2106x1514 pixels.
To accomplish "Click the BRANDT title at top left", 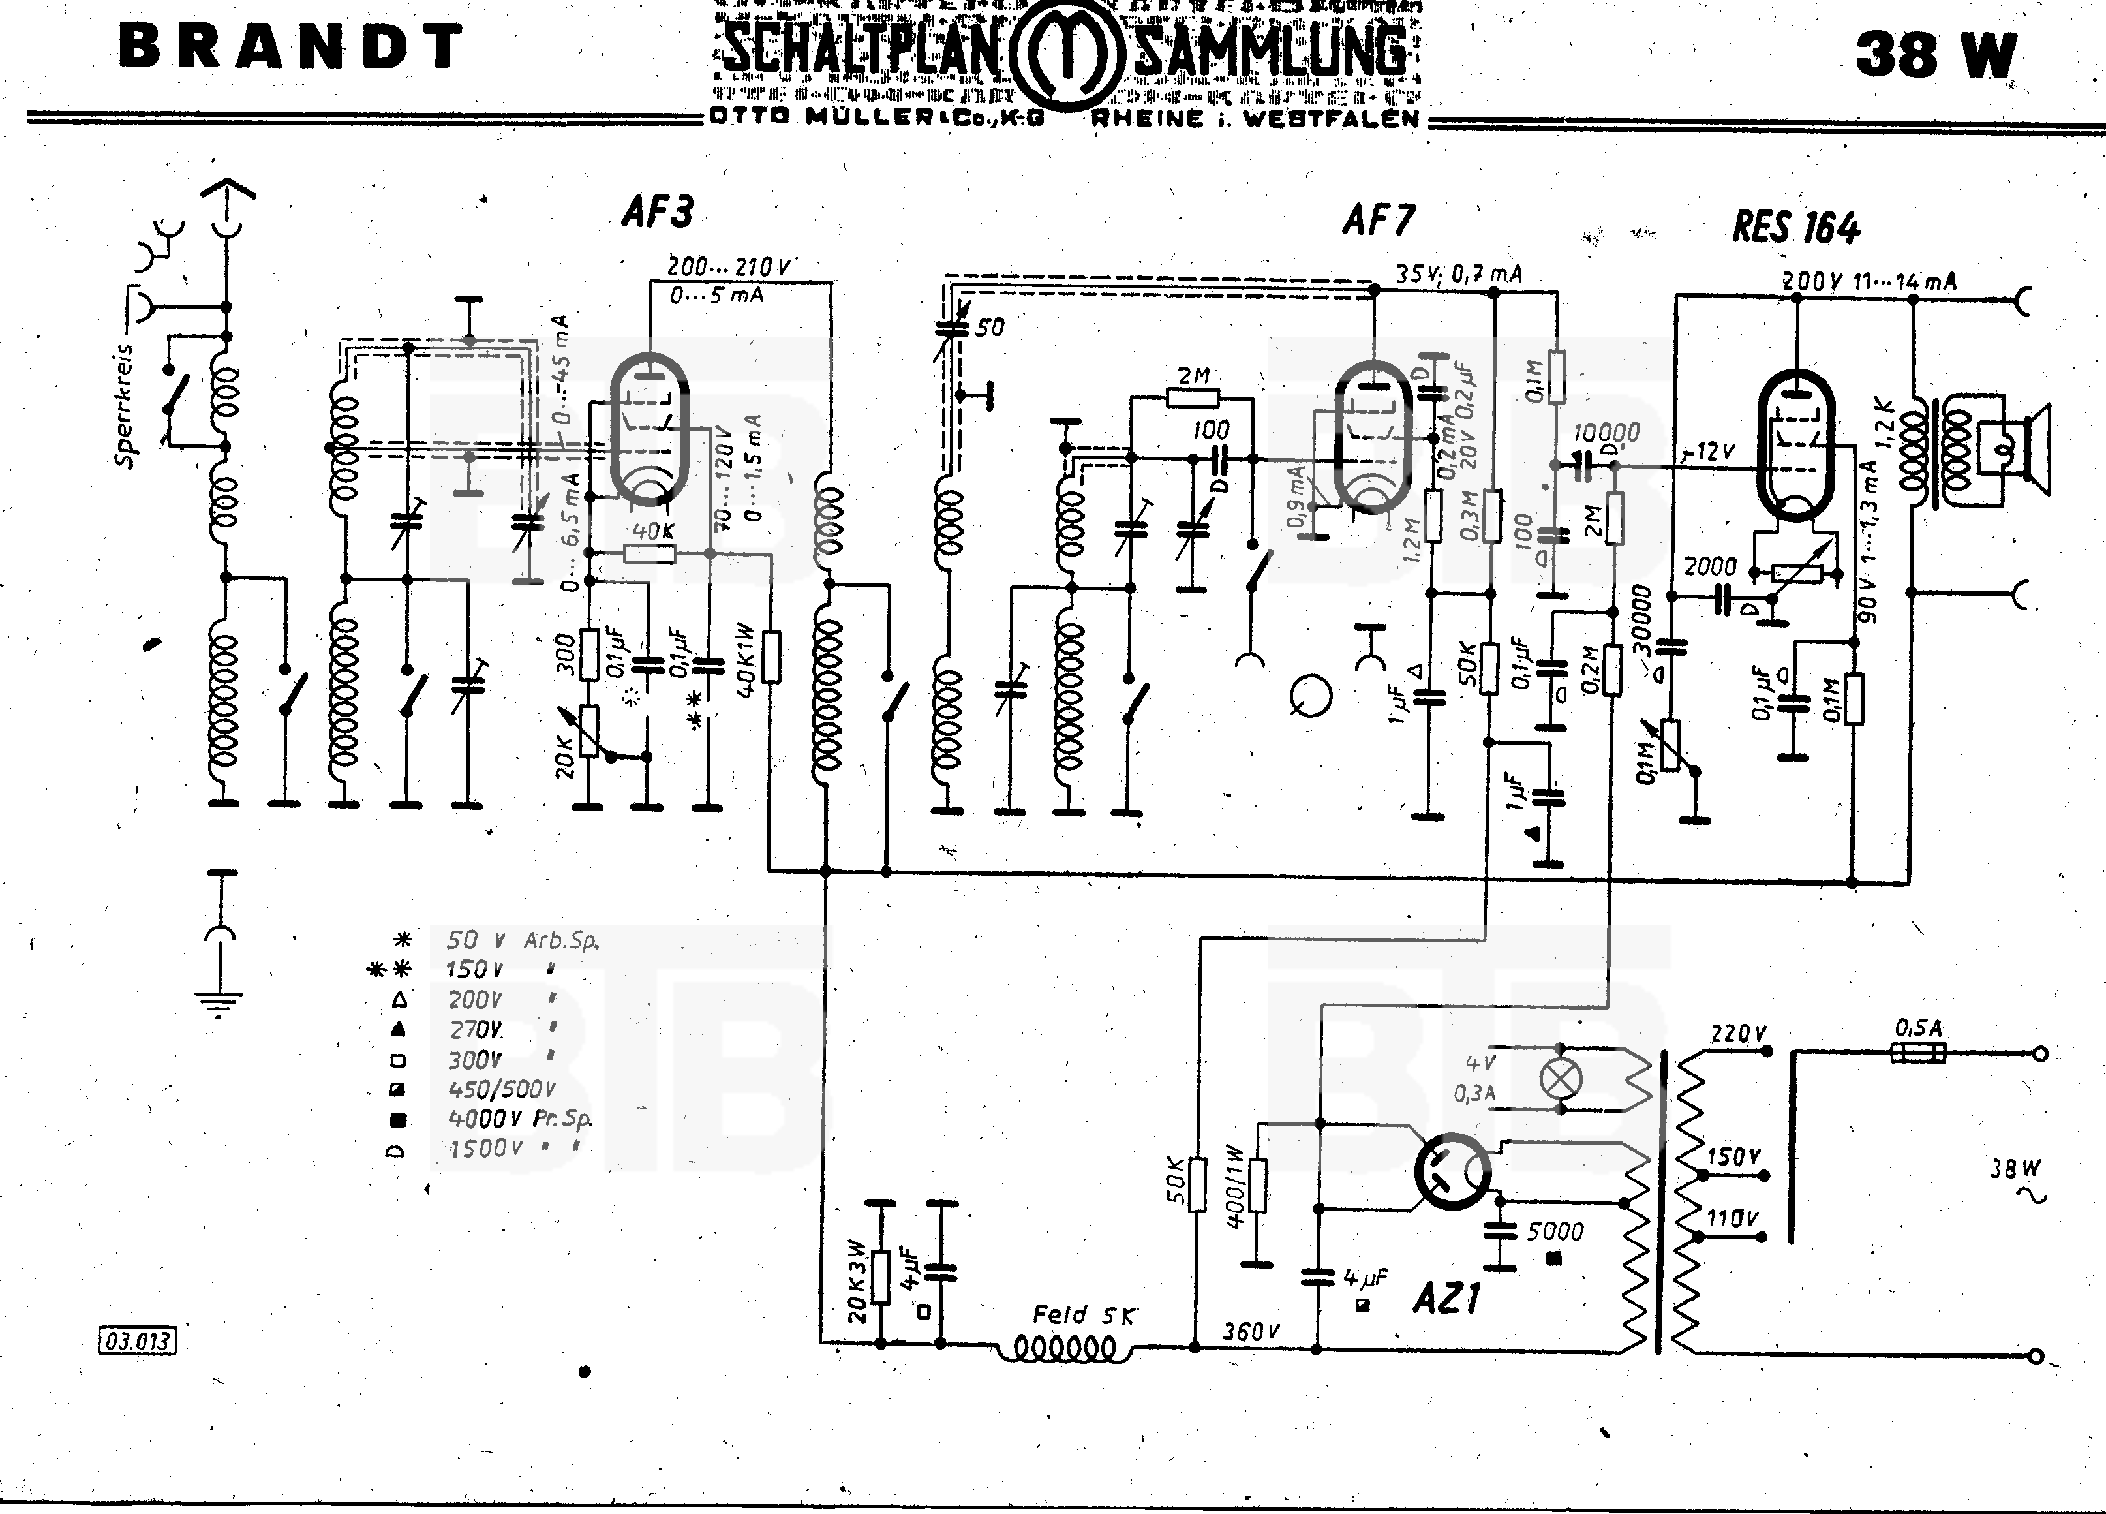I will tap(290, 46).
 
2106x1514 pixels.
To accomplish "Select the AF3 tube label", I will tap(658, 213).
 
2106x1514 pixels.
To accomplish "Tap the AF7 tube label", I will tap(1379, 220).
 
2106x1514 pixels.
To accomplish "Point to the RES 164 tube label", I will tap(1796, 228).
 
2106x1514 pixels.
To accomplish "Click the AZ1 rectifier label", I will tap(1446, 1297).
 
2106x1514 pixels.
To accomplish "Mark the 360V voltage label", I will tap(1250, 1331).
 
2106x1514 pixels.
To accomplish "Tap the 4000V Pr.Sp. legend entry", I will tap(518, 1119).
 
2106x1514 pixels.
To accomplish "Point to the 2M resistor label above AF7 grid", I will tap(1193, 376).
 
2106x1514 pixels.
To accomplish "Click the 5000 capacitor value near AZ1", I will tap(1555, 1231).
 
